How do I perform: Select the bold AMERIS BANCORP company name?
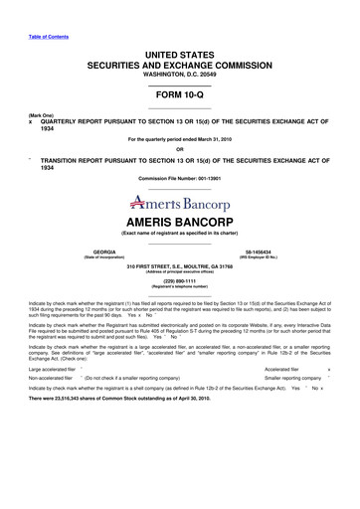click(179, 220)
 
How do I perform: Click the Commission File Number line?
click(179, 178)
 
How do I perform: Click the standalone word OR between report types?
click(179, 149)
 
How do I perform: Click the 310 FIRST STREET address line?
click(179, 266)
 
